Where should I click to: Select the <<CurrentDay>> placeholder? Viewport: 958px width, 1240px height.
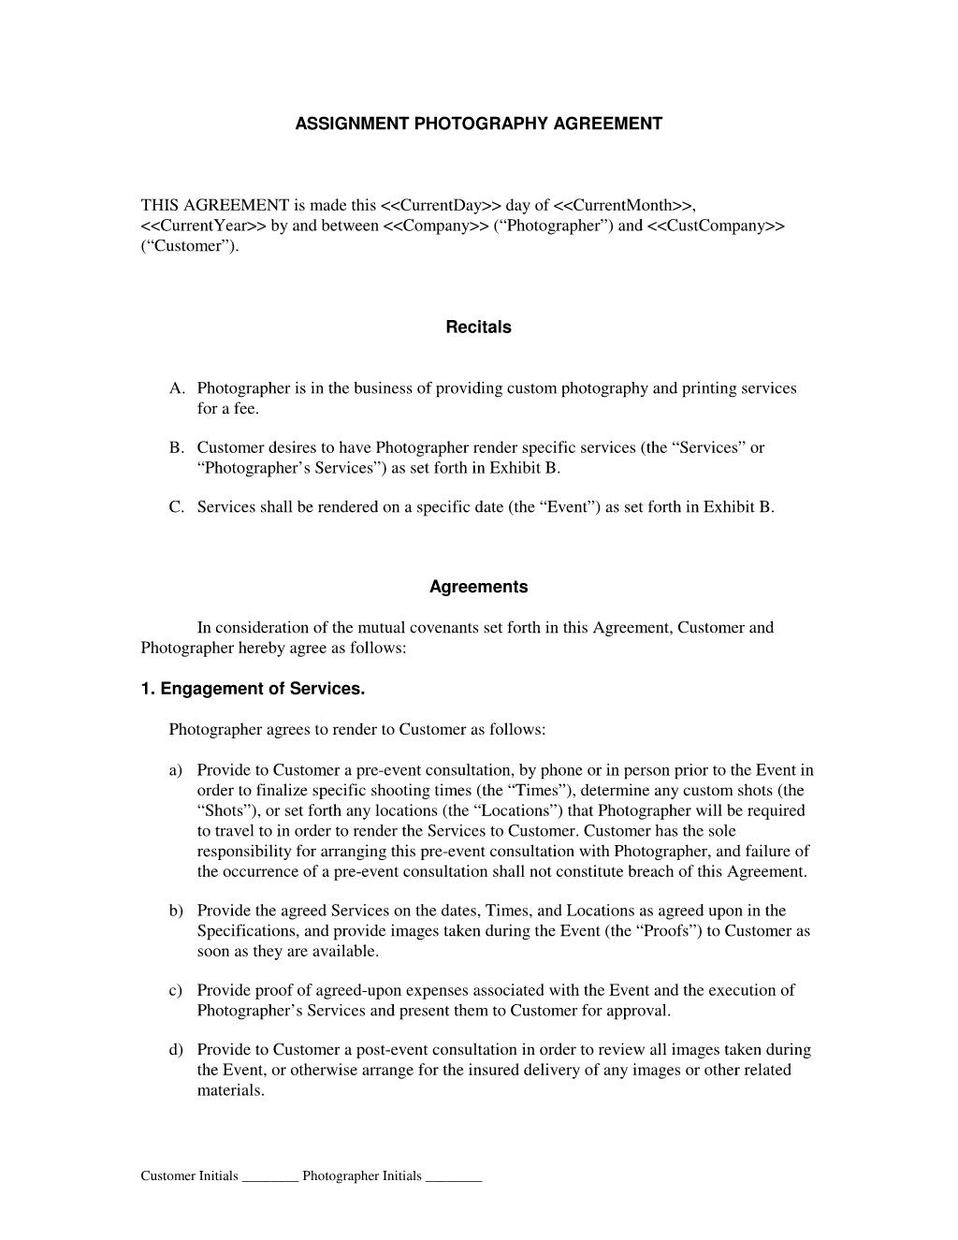pos(441,205)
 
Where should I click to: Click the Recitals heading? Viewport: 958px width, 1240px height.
pos(478,328)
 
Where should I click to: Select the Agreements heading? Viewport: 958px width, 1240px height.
pos(478,587)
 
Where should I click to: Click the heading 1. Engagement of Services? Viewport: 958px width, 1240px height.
pos(253,689)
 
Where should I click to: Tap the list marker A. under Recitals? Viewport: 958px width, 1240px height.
pos(176,388)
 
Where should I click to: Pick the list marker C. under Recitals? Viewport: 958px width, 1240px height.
pos(176,507)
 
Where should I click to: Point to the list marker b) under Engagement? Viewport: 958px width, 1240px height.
pos(176,911)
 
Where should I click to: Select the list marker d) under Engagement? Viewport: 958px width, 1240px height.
pos(176,1050)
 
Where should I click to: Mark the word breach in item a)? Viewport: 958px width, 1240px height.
pos(679,871)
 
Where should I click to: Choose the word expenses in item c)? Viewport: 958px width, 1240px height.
pos(443,990)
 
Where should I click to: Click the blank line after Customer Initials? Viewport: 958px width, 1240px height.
pos(269,1177)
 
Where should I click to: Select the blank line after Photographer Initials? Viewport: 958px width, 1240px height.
pos(454,1177)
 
